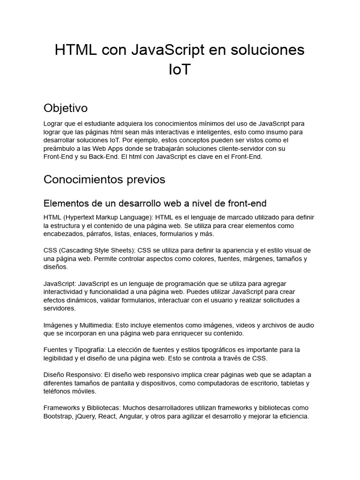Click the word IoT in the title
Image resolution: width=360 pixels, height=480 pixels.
[x=180, y=70]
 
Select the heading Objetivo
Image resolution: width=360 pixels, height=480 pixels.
[x=66, y=108]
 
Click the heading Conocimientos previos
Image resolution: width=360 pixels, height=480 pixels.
[x=104, y=180]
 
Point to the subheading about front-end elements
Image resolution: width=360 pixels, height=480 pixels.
[x=155, y=203]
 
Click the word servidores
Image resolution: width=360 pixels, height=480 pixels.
[x=59, y=308]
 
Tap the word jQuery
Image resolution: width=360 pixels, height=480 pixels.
[x=85, y=416]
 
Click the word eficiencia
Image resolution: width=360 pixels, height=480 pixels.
[x=292, y=416]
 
